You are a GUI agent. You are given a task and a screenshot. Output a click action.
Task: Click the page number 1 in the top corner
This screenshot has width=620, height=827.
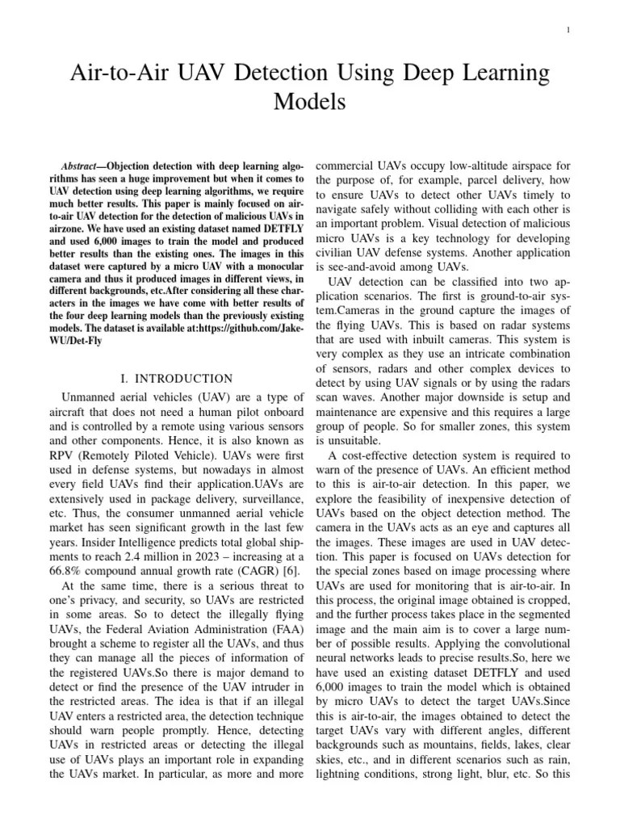569,31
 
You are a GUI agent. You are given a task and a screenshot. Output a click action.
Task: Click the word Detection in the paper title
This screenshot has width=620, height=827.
275,73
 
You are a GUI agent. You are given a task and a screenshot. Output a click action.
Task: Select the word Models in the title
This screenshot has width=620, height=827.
310,103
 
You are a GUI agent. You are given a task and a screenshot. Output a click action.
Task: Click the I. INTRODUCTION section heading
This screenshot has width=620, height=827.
176,378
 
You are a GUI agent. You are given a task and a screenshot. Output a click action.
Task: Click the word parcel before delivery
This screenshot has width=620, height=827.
461,181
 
